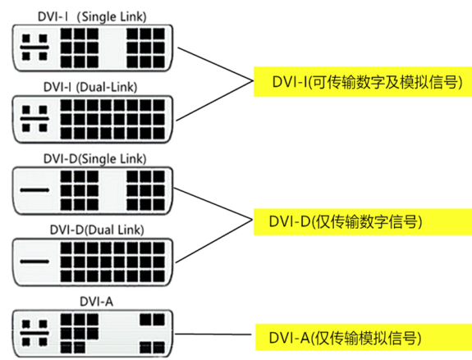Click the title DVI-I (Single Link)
pyautogui.click(x=92, y=16)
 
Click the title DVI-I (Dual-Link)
pyautogui.click(x=90, y=87)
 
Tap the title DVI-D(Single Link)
pyautogui.click(x=95, y=158)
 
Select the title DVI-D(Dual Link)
pyautogui.click(x=97, y=230)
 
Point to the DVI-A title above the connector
pyautogui.click(x=96, y=301)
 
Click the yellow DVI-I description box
pyautogui.click(x=363, y=82)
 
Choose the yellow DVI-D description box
pyautogui.click(x=363, y=221)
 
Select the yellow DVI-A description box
pyautogui.click(x=364, y=337)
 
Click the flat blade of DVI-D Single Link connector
pyautogui.click(x=34, y=190)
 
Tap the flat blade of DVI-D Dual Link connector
pyautogui.click(x=34, y=262)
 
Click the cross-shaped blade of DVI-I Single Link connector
pyautogui.click(x=34, y=48)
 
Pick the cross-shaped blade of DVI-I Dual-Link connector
pyautogui.click(x=34, y=118)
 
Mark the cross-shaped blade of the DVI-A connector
pyautogui.click(x=34, y=333)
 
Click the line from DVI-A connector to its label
pyautogui.click(x=213, y=334)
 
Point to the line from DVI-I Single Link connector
pyautogui.click(x=216, y=64)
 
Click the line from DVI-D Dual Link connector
pyautogui.click(x=213, y=242)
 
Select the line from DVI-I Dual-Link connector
pyautogui.click(x=214, y=101)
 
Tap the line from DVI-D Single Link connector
pyautogui.click(x=213, y=204)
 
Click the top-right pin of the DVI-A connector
pyautogui.click(x=159, y=320)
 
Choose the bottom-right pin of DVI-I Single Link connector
pyautogui.click(x=159, y=62)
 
